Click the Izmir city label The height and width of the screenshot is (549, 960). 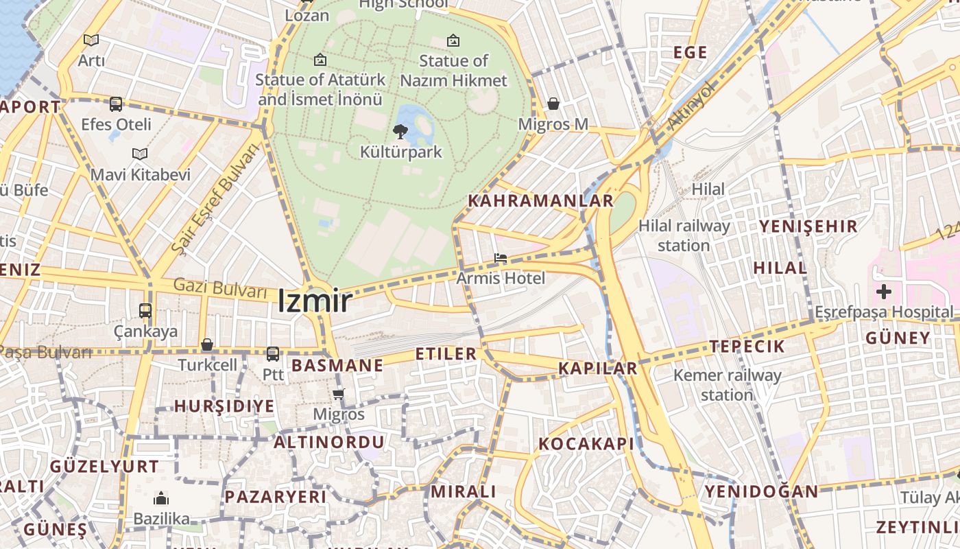315,301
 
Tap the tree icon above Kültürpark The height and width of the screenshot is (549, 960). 400,131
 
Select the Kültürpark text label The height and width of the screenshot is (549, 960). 401,152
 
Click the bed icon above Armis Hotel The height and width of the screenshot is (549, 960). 501,259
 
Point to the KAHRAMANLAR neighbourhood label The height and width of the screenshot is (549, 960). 540,201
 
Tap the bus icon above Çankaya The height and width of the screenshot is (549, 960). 145,310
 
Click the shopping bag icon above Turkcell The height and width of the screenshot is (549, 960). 207,344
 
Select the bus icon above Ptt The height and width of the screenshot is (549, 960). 273,354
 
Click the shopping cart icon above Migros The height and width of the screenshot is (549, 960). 338,394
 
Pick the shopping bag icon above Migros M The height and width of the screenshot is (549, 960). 553,104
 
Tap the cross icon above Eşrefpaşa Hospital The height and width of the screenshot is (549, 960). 884,292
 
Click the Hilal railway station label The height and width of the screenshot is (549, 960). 684,235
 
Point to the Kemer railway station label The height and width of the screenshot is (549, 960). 727,385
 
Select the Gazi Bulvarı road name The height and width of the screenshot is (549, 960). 219,288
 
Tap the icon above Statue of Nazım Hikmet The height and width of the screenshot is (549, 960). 453,40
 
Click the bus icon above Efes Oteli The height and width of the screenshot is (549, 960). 116,104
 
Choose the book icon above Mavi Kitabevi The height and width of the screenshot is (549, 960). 140,154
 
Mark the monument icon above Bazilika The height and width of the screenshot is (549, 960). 161,498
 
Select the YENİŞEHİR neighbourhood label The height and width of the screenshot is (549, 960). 808,226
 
